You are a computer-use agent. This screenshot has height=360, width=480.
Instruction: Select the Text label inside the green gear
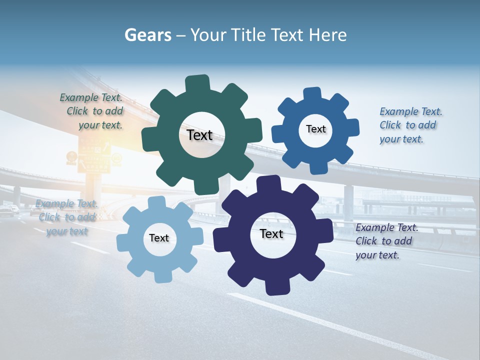tap(199, 135)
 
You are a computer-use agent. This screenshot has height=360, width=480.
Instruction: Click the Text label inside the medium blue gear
tap(315, 129)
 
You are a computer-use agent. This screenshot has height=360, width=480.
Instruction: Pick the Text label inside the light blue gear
tap(158, 238)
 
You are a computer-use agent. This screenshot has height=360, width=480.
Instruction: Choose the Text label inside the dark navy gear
tap(271, 233)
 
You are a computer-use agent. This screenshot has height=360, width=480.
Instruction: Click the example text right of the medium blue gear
tap(410, 125)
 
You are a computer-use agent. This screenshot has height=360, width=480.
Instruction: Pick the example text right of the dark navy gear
tap(386, 241)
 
